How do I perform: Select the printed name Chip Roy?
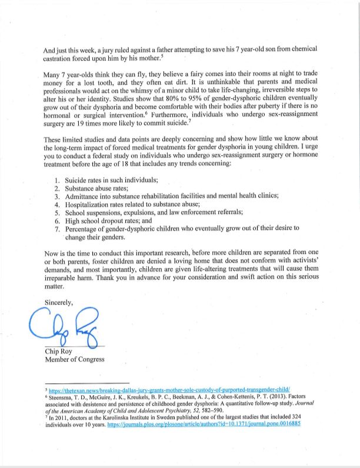click(60, 352)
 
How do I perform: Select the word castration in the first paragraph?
click(59, 58)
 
